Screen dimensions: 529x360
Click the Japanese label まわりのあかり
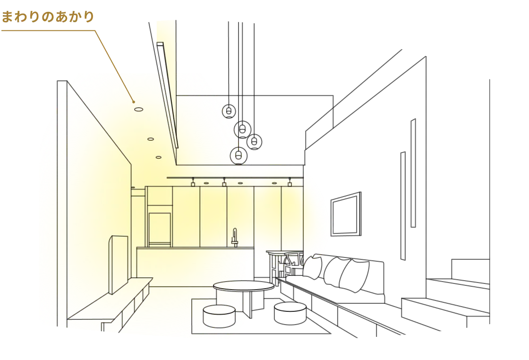pyautogui.click(x=48, y=17)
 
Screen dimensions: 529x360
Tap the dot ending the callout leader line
pyautogui.click(x=134, y=102)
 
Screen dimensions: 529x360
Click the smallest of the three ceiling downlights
pyautogui.click(x=158, y=157)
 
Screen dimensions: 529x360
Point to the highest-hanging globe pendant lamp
pyautogui.click(x=229, y=111)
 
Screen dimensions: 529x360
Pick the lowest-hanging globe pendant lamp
pyautogui.click(x=239, y=155)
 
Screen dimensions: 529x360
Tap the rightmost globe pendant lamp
pyautogui.click(x=254, y=142)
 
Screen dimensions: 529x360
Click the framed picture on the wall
pyautogui.click(x=346, y=214)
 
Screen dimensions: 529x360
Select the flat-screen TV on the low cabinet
pyautogui.click(x=118, y=264)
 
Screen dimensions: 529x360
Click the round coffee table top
pyautogui.click(x=244, y=286)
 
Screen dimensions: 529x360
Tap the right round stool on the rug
pyautogui.click(x=290, y=313)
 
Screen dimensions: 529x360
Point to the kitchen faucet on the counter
pyautogui.click(x=235, y=238)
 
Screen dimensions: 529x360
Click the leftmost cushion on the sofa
pyautogui.click(x=312, y=267)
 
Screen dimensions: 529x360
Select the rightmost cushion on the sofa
pyautogui.click(x=354, y=275)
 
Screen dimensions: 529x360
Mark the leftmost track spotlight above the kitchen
pyautogui.click(x=193, y=182)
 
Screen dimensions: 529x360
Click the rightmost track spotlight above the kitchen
pyautogui.click(x=290, y=182)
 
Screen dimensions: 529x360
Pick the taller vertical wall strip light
pyautogui.click(x=413, y=173)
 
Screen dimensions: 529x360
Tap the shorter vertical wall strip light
pyautogui.click(x=403, y=206)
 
